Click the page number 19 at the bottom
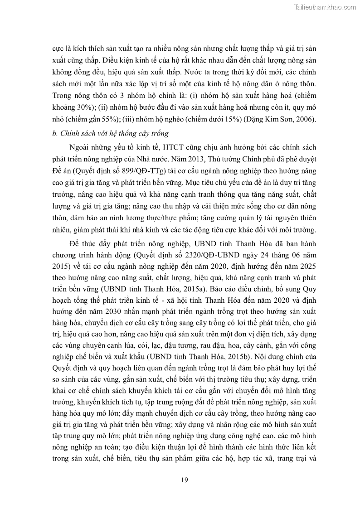[x=184, y=480]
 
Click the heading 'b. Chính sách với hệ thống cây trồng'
[x=111, y=133]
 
